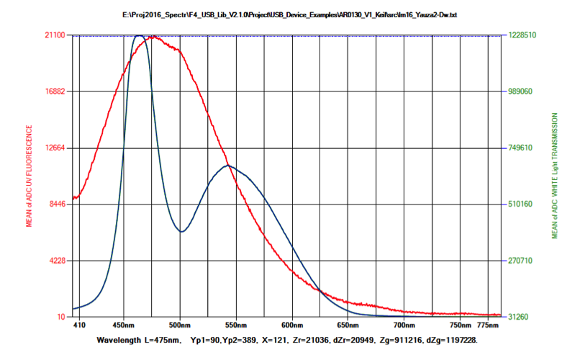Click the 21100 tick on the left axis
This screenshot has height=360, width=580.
click(55, 35)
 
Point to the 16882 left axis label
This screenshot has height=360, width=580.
click(55, 91)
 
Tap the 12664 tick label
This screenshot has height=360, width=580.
click(55, 148)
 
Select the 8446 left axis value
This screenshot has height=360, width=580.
click(58, 204)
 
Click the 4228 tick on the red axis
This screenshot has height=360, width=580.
click(58, 261)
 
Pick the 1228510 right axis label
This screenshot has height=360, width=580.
click(522, 35)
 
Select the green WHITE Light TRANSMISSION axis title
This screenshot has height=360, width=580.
click(555, 176)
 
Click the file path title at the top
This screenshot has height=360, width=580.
click(290, 15)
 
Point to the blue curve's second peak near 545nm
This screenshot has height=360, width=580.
click(228, 166)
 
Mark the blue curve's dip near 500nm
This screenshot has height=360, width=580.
click(181, 232)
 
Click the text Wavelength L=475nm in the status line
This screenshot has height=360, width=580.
click(137, 339)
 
